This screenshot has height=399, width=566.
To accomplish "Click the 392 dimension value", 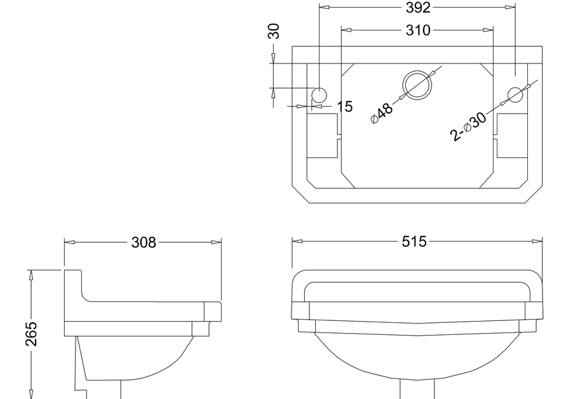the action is [x=418, y=8].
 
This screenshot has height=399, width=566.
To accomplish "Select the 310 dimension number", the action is [x=418, y=30].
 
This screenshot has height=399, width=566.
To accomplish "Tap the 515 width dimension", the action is [x=414, y=242].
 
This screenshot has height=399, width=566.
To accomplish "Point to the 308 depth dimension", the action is [x=144, y=242].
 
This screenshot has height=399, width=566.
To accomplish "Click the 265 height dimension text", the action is [x=31, y=334].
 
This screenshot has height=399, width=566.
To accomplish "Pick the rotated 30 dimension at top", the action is [x=274, y=31].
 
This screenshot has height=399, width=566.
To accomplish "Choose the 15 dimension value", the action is [x=345, y=107].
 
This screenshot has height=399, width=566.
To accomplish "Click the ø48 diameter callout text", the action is [x=382, y=113].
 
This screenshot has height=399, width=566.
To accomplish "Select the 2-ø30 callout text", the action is [x=468, y=126].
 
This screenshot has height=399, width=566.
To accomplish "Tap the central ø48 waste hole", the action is [x=417, y=86].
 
